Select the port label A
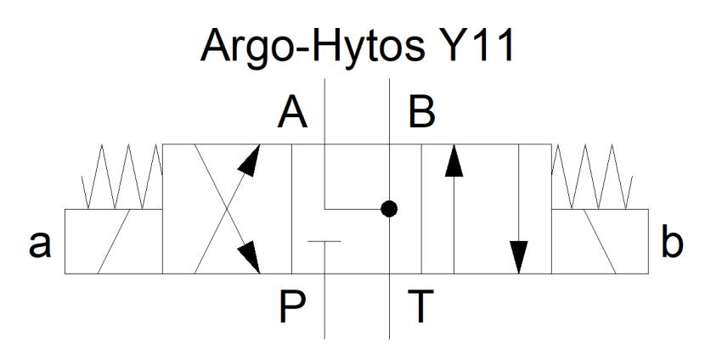click(292, 113)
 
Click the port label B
click(422, 113)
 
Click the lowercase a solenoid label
click(40, 245)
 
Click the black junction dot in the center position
click(389, 209)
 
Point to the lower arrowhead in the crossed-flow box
click(249, 257)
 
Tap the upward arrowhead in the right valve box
click(454, 160)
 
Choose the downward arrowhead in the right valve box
click(519, 257)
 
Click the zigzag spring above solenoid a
click(121, 177)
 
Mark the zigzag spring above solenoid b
click(592, 177)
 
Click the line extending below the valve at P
click(324, 306)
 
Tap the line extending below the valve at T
click(389, 306)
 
